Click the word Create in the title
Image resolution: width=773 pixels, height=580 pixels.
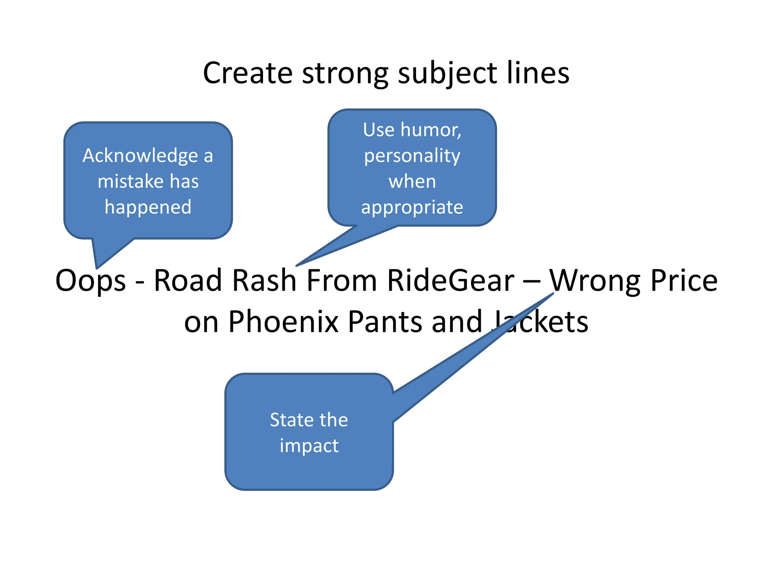tap(248, 73)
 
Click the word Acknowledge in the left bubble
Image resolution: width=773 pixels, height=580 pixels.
tap(140, 156)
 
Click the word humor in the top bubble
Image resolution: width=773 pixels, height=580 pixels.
tap(431, 130)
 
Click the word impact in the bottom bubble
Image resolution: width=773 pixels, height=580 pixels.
tap(309, 446)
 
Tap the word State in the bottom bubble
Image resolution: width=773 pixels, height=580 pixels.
tap(288, 420)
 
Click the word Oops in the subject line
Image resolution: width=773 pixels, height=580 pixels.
tap(90, 281)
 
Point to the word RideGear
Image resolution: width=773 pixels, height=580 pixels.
tap(451, 281)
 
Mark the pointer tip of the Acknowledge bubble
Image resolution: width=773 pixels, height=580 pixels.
tap(97, 268)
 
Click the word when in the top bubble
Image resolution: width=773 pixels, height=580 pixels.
tap(412, 182)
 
